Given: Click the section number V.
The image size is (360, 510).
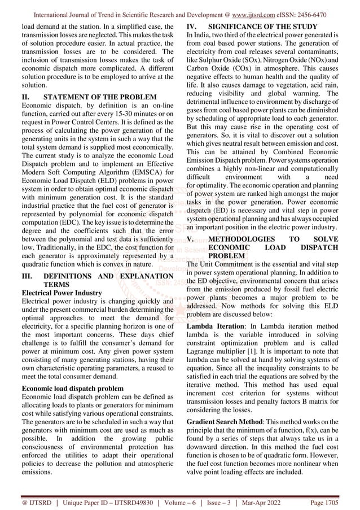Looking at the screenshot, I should [x=191, y=238].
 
